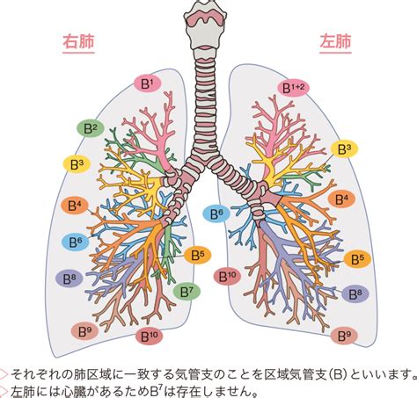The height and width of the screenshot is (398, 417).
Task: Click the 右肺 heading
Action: click(78, 41)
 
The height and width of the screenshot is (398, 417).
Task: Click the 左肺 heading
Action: click(335, 41)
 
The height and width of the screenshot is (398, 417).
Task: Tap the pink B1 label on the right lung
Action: click(148, 83)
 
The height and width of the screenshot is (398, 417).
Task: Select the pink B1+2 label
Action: click(293, 87)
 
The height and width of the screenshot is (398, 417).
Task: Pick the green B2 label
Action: click(91, 128)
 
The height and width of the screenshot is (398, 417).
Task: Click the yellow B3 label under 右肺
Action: click(77, 164)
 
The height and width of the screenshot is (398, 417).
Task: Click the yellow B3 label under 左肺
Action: click(344, 148)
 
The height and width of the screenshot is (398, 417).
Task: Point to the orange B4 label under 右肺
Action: click(75, 206)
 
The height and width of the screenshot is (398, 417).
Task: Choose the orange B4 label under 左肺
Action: click(341, 199)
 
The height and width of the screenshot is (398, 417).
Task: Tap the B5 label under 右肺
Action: click(198, 256)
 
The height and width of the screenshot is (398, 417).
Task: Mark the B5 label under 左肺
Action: click(357, 259)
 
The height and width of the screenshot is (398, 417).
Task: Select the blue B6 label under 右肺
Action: click(76, 242)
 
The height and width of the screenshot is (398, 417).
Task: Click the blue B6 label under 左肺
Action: click(216, 213)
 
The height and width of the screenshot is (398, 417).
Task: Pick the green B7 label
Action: click(187, 291)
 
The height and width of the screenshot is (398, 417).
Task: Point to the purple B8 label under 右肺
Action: click(69, 279)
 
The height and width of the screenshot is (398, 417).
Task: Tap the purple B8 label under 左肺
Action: click(355, 293)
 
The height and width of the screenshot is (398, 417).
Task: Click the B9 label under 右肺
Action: click(84, 331)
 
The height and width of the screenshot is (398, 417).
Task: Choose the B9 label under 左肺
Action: click(344, 336)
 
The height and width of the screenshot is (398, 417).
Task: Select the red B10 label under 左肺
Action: click(227, 276)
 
